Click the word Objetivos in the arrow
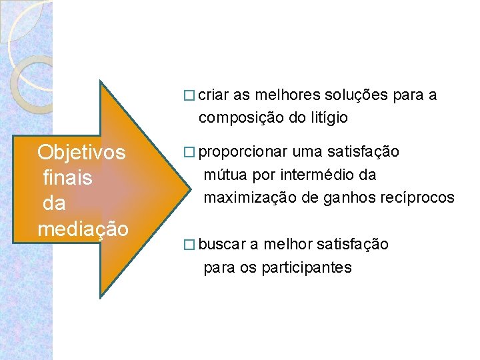[81, 153]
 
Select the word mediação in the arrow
[83, 229]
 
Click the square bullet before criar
[189, 96]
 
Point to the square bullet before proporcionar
[189, 153]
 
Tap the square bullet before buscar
[189, 245]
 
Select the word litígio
[327, 118]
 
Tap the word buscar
[222, 245]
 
